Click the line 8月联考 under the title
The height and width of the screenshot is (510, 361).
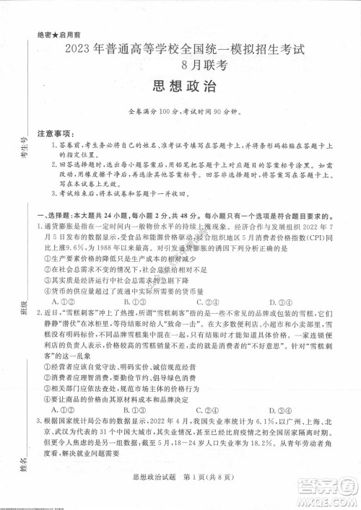pos(180,65)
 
